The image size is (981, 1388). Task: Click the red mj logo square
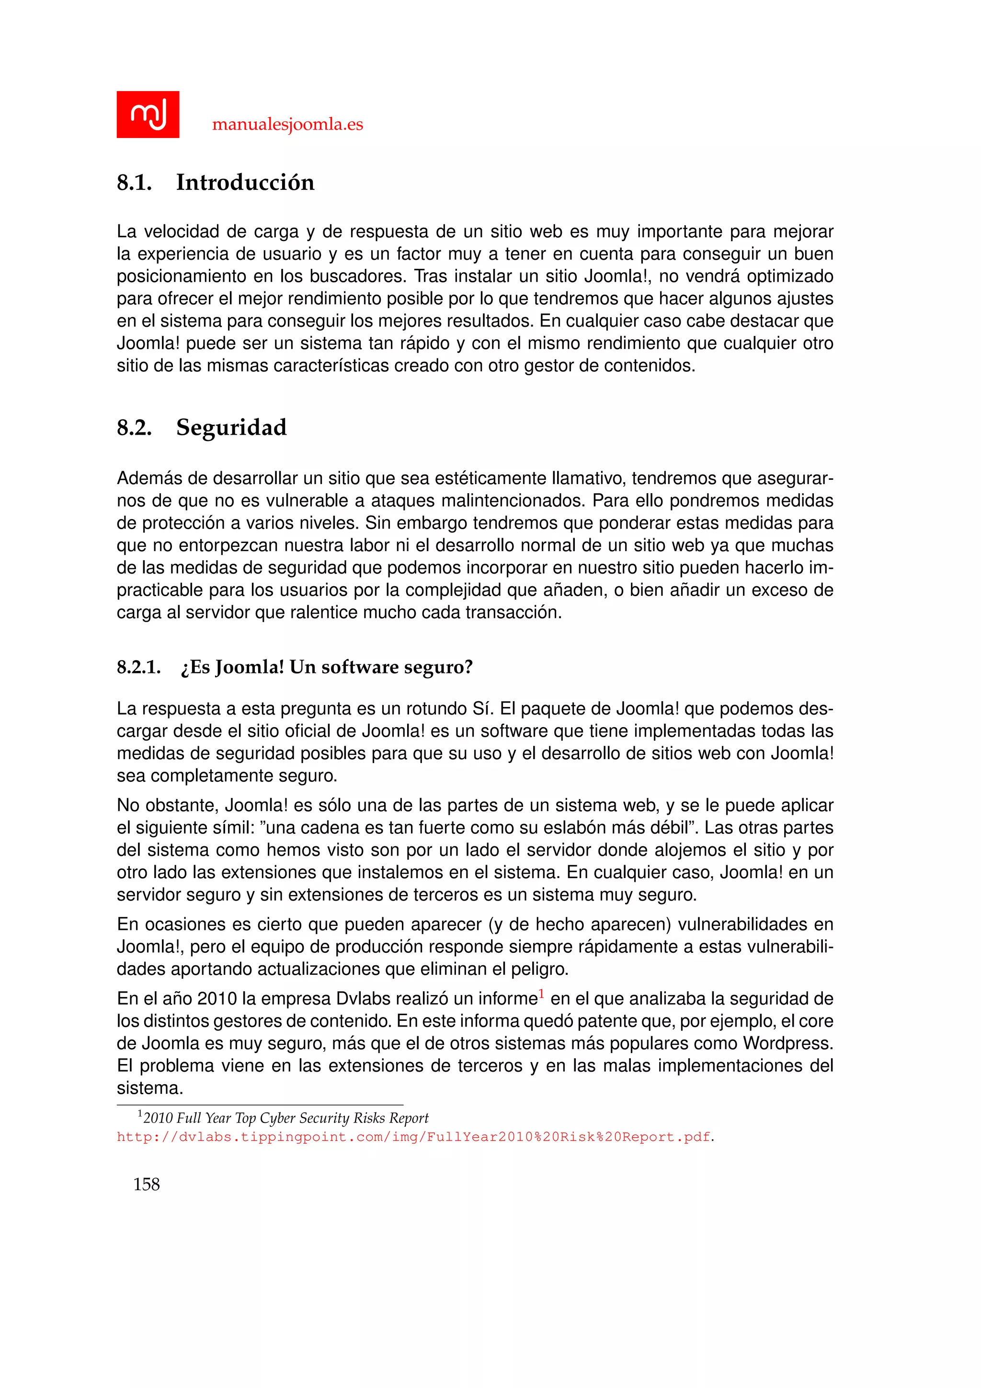pyautogui.click(x=148, y=114)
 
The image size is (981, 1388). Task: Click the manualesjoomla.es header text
pyautogui.click(x=287, y=125)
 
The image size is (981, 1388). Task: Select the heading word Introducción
pyautogui.click(x=245, y=183)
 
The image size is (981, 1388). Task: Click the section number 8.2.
pyautogui.click(x=134, y=428)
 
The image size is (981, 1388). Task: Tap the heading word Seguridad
pyautogui.click(x=231, y=428)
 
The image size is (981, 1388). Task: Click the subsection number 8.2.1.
pyautogui.click(x=138, y=668)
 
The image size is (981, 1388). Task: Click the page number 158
pyautogui.click(x=146, y=1184)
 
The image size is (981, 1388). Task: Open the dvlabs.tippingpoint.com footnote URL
pyautogui.click(x=413, y=1137)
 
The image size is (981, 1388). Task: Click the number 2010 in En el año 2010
pyautogui.click(x=217, y=999)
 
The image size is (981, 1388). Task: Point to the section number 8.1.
pyautogui.click(x=134, y=183)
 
